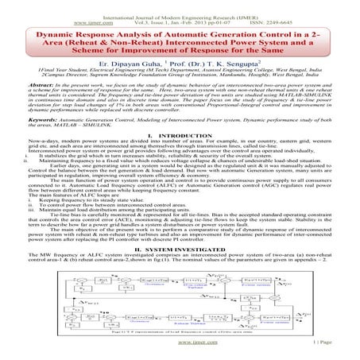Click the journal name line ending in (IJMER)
[179, 7]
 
